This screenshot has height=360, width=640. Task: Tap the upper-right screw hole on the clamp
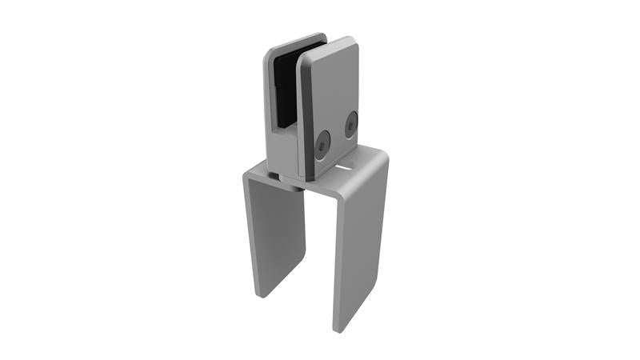point(350,124)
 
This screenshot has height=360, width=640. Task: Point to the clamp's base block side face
point(281,152)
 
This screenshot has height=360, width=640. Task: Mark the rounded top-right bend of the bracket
point(382,158)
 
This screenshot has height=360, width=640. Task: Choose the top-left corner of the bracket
point(246,173)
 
